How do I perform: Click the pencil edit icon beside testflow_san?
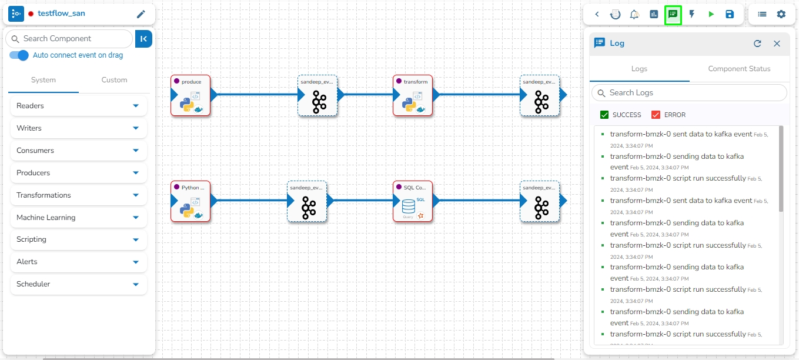click(x=141, y=14)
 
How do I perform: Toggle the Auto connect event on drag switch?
click(x=19, y=55)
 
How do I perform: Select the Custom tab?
click(x=114, y=80)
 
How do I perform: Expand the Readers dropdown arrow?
click(x=136, y=106)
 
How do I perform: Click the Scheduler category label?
click(x=34, y=284)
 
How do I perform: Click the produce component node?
click(x=190, y=95)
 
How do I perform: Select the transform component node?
click(x=413, y=95)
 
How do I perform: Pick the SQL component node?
click(x=413, y=201)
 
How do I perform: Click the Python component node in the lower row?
click(x=190, y=201)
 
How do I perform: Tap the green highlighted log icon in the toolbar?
click(x=673, y=14)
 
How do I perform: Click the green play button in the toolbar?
click(x=711, y=14)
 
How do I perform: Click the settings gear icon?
click(x=781, y=14)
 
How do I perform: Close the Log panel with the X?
click(x=777, y=44)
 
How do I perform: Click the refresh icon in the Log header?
click(x=757, y=44)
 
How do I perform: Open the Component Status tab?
click(x=739, y=69)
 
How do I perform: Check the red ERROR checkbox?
click(x=656, y=115)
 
